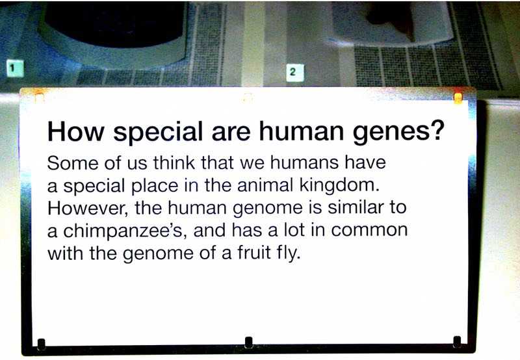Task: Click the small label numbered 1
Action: [x=15, y=68]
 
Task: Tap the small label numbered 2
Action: [x=295, y=72]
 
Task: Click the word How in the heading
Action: [x=76, y=131]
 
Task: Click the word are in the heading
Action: [x=231, y=133]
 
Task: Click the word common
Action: [x=369, y=231]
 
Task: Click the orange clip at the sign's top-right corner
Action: [x=458, y=97]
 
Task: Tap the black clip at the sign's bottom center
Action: [x=249, y=342]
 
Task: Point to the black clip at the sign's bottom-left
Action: [x=41, y=344]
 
